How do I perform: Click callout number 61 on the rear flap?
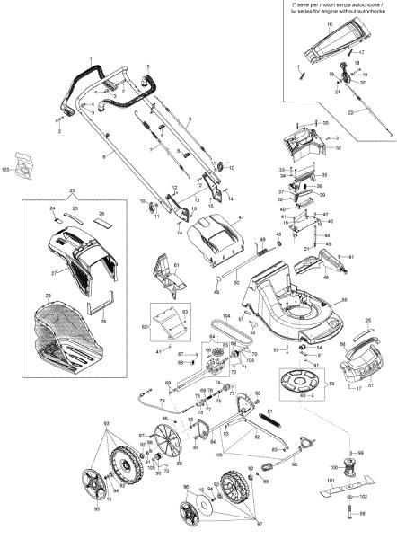coord(177,266)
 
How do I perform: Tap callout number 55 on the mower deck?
coord(344,298)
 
